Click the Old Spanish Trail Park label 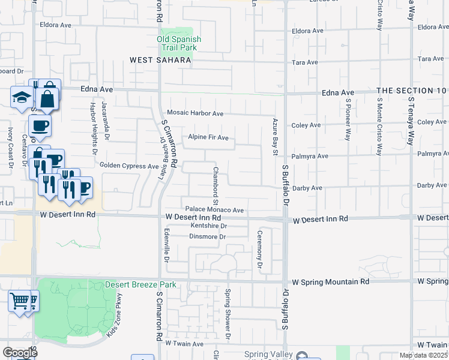179,43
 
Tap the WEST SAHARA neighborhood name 161,60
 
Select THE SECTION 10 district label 412,91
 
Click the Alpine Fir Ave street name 208,137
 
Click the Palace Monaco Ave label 214,210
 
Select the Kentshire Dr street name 208,226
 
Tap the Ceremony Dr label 260,249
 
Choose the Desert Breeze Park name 141,284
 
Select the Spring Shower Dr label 228,311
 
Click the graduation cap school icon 22,97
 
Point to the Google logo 20,353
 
